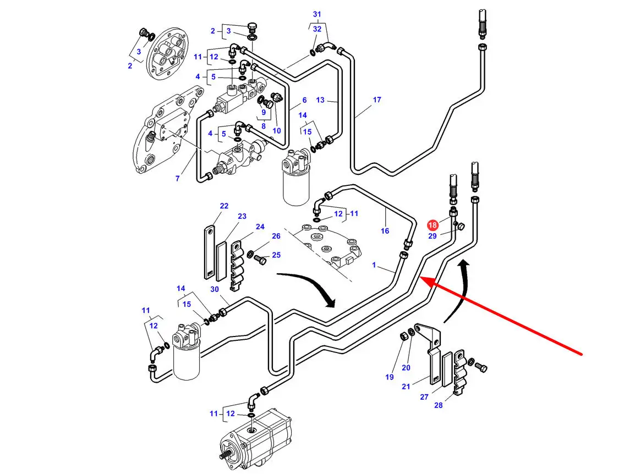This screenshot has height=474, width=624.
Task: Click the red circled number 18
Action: pyautogui.click(x=433, y=225)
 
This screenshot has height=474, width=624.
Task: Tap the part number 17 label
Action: pyautogui.click(x=377, y=100)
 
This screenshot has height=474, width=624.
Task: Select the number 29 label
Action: pyautogui.click(x=433, y=236)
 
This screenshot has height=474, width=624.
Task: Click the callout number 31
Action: pyautogui.click(x=317, y=14)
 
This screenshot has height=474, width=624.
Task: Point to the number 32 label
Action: pyautogui.click(x=317, y=29)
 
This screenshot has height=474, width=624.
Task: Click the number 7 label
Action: pyautogui.click(x=178, y=179)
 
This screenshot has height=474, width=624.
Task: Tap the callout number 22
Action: pyautogui.click(x=224, y=206)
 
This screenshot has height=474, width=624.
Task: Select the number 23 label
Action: pyautogui.click(x=242, y=216)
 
